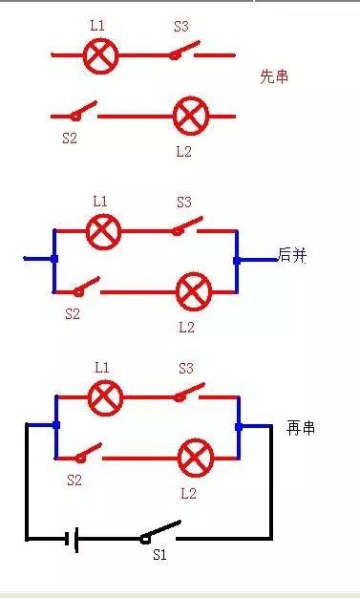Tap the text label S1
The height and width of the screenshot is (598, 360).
pos(160,555)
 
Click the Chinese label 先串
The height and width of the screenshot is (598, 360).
pos(274,77)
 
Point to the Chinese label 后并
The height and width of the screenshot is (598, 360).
pos(292,255)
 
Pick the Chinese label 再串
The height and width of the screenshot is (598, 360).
pos(300,428)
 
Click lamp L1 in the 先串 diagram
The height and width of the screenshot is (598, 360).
pos(99,55)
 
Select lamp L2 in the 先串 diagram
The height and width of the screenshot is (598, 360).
pos(190,117)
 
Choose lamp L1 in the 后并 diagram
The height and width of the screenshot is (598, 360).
pos(102,230)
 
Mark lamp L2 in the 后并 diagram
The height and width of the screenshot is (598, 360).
pos(195,289)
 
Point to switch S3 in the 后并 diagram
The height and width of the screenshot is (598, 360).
pos(187,227)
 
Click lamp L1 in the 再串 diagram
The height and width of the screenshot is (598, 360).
pos(105,395)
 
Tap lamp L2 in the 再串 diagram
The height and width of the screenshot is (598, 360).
pos(196,458)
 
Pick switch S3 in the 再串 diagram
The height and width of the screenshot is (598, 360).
pos(188,392)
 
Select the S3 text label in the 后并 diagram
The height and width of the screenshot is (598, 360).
pos(184,203)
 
